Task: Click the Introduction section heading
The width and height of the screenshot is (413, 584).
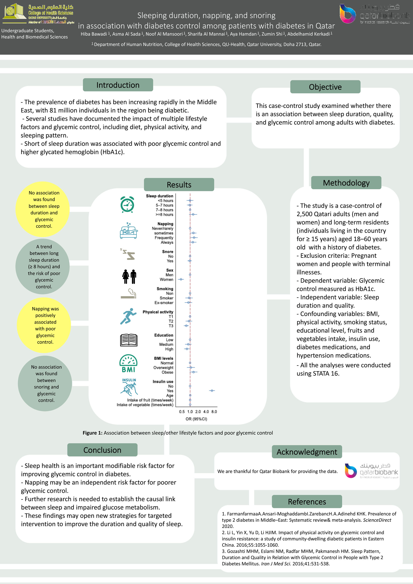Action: [x=118, y=85]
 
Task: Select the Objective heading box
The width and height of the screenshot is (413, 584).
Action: [x=325, y=87]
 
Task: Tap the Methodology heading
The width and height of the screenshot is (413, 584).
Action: [x=346, y=183]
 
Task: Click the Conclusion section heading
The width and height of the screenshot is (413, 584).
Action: [x=102, y=450]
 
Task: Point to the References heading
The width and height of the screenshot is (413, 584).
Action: [x=307, y=501]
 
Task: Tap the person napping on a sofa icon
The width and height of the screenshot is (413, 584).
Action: [x=129, y=231]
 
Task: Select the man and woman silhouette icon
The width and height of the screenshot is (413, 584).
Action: [x=129, y=277]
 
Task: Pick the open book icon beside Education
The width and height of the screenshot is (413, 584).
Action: [x=129, y=340]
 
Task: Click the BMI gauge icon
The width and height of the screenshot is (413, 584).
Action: [x=128, y=364]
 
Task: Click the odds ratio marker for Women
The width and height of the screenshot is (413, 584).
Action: [x=181, y=279]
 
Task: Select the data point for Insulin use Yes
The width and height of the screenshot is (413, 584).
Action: [x=212, y=390]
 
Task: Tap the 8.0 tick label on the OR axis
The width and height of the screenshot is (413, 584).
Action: [x=214, y=412]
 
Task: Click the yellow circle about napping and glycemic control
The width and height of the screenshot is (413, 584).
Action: [x=45, y=325]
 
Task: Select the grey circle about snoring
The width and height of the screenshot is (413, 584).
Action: [x=46, y=383]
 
